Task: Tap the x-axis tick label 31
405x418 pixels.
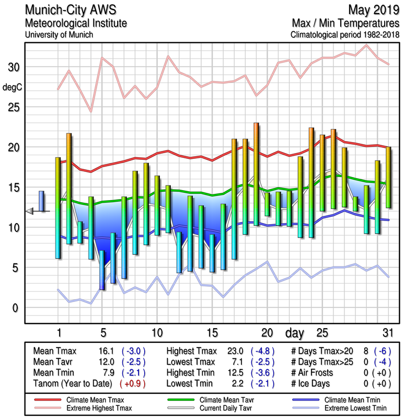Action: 387,333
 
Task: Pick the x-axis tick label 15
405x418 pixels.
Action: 212,333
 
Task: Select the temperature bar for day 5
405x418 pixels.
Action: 102,270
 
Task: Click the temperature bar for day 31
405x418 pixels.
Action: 388,177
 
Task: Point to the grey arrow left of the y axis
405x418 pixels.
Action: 30,211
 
